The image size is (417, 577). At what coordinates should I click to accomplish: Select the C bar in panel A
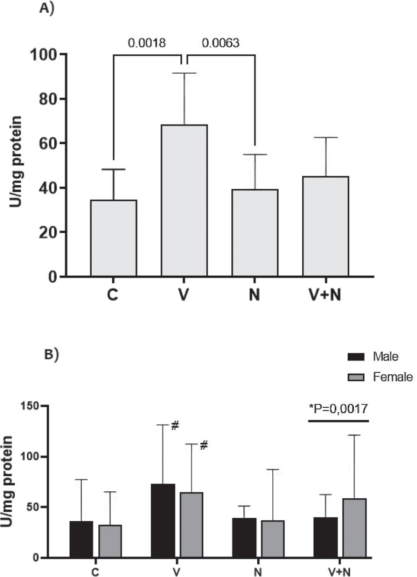tap(113, 238)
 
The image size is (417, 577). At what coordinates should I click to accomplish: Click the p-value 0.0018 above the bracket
tap(146, 43)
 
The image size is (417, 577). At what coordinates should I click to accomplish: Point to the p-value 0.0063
tap(220, 43)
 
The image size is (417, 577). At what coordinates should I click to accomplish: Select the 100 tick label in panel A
tap(43, 55)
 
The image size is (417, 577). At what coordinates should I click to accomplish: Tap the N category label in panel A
tap(254, 295)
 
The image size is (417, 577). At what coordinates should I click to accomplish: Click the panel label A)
tap(46, 8)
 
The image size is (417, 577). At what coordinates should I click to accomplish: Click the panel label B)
tap(52, 354)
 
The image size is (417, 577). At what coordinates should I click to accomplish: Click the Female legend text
tap(392, 377)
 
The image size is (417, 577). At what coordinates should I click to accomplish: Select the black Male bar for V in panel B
tap(163, 520)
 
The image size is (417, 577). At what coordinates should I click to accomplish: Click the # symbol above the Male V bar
tap(175, 426)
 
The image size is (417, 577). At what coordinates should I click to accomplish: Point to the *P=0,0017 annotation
tap(338, 408)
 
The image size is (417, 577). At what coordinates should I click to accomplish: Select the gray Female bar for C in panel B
tap(110, 541)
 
